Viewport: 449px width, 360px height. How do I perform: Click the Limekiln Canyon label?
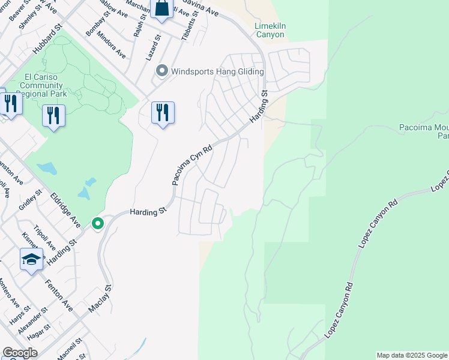coord(270,31)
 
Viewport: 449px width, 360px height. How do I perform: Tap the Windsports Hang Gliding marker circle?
coord(161,71)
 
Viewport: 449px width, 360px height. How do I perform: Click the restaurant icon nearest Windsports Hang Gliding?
coord(163,112)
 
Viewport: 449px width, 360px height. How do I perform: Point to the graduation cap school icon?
coord(31,259)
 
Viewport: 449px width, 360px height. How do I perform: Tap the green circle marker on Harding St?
coord(97,223)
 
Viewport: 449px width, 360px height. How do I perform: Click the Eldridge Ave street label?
coord(65,209)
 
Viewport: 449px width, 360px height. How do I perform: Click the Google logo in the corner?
coord(20,353)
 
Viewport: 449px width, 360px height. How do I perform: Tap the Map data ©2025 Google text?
coord(412,355)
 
